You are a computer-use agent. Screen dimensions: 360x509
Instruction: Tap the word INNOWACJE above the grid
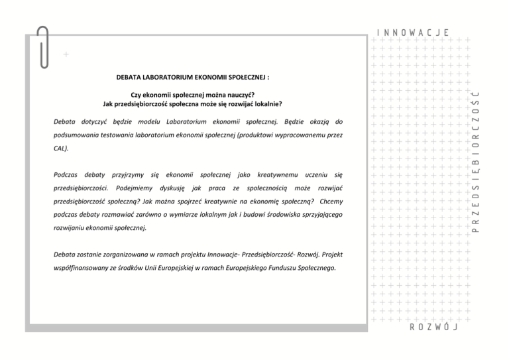[x=413, y=32]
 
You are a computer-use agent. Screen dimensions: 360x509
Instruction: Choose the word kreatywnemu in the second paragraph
[x=277, y=175]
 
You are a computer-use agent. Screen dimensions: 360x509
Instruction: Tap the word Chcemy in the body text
[x=330, y=201]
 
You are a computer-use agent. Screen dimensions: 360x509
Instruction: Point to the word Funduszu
[x=280, y=268]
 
